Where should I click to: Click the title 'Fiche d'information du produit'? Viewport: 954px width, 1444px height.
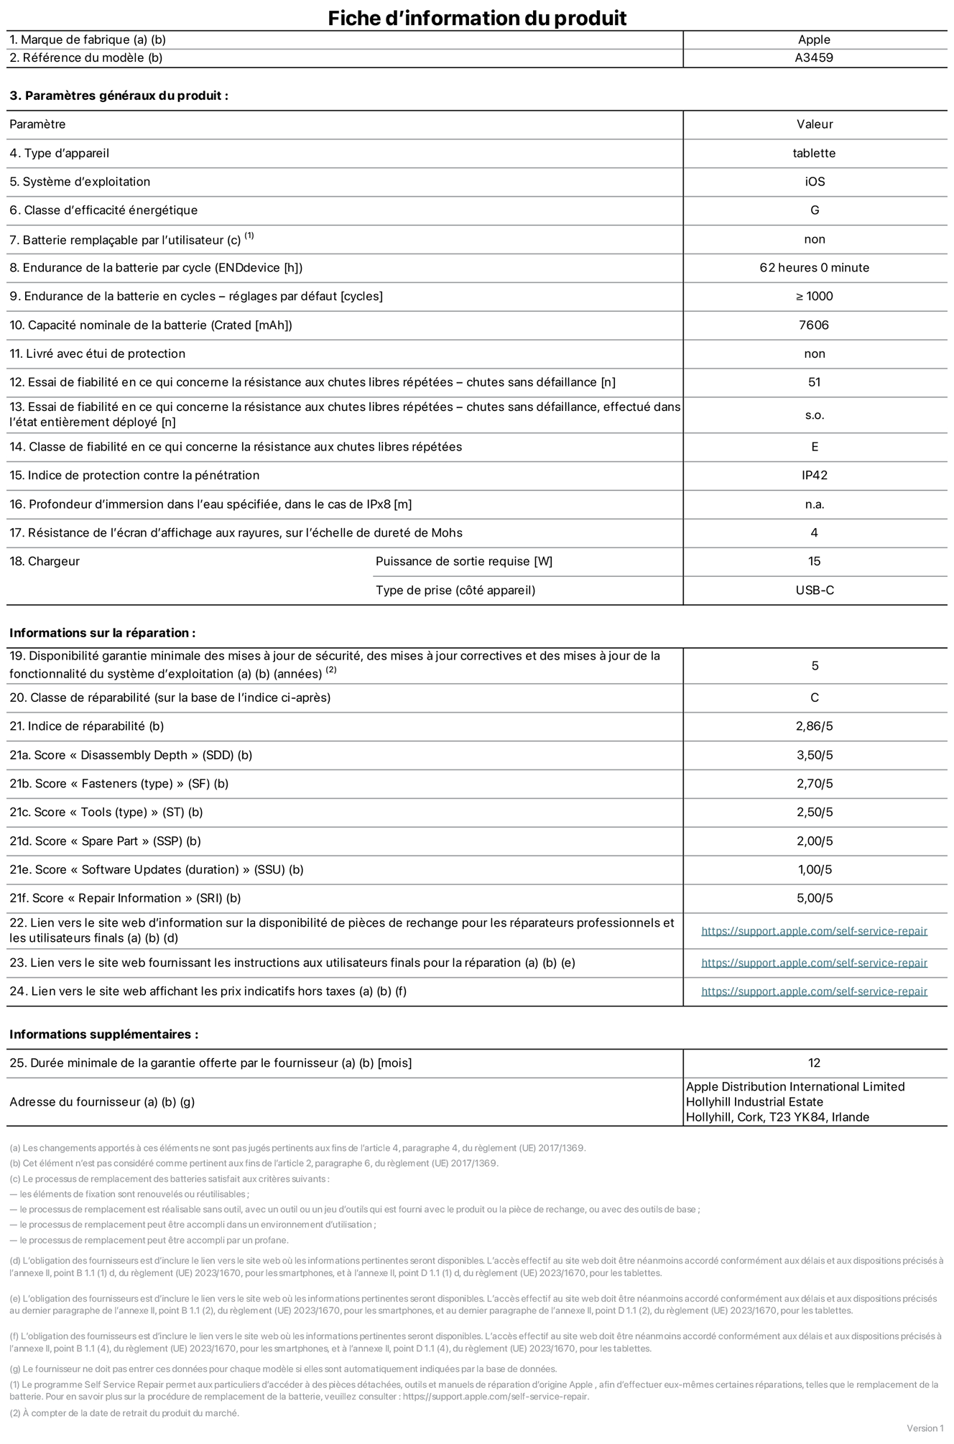(x=477, y=17)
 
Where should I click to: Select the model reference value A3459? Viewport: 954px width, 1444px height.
(x=814, y=58)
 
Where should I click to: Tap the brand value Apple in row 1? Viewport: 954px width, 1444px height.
(x=814, y=40)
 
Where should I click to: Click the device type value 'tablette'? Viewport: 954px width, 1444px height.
(x=814, y=153)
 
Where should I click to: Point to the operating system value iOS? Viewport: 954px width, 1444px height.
(x=815, y=182)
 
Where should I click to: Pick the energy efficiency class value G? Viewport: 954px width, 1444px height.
(x=815, y=210)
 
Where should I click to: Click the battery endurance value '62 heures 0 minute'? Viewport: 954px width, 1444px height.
(x=814, y=268)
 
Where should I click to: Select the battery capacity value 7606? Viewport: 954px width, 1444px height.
(x=814, y=325)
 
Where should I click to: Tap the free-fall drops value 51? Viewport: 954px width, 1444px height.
(x=814, y=382)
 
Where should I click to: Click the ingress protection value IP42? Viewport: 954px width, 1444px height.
(x=814, y=476)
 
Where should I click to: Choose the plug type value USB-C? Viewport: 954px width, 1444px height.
(x=815, y=591)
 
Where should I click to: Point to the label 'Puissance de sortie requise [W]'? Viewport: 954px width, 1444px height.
(x=464, y=562)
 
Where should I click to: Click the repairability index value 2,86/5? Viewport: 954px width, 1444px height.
(x=814, y=726)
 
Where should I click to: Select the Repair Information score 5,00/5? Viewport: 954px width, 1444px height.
(x=815, y=898)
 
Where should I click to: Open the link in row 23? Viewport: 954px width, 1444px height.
(x=814, y=963)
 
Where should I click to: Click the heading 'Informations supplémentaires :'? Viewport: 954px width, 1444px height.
(x=103, y=1035)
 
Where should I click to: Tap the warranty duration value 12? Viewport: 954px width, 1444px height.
(x=814, y=1063)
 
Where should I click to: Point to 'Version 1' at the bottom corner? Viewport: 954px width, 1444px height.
(x=925, y=1428)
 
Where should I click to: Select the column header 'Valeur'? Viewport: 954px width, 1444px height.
(x=815, y=124)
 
